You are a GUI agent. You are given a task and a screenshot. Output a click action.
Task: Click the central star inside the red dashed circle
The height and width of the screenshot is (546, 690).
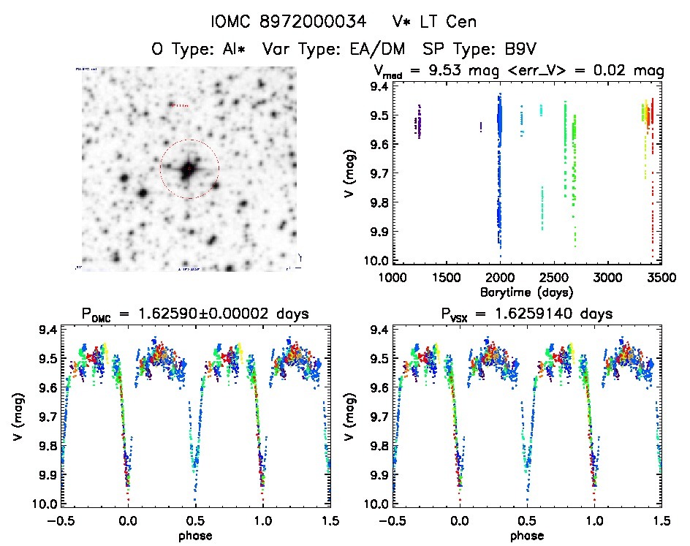point(189,169)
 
